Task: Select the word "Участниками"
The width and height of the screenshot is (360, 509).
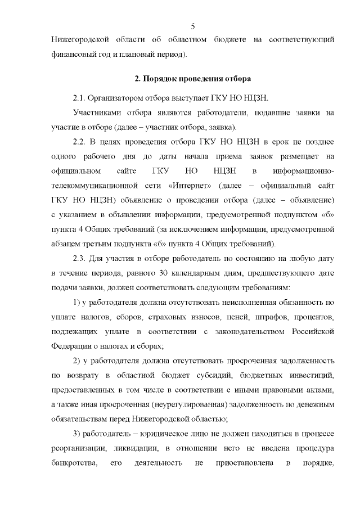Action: coord(97,112)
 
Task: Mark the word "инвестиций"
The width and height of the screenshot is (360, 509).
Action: coord(310,375)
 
